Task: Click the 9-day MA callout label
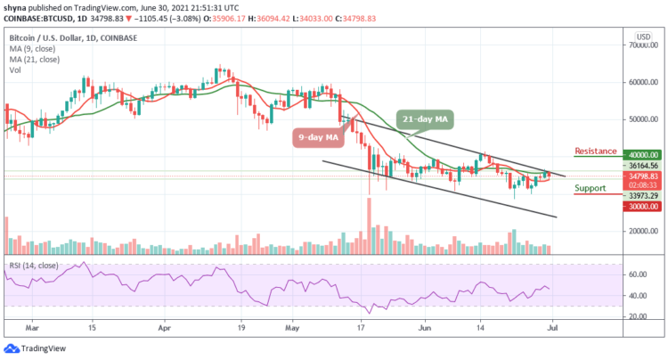(x=314, y=138)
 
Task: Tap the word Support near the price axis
(x=590, y=188)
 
